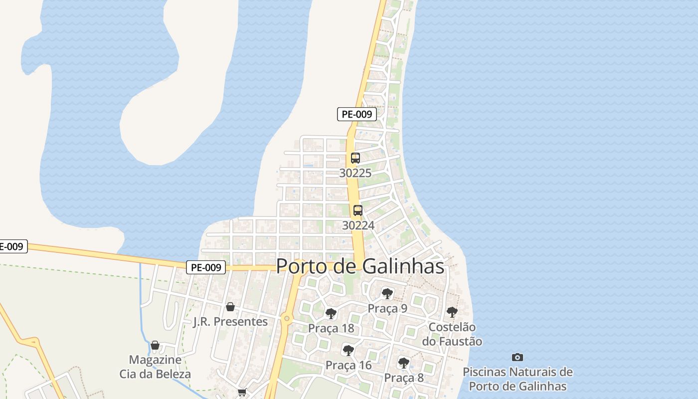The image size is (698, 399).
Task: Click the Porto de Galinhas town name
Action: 360,266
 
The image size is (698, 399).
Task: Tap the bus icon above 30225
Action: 355,158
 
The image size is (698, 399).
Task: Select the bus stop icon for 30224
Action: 357,210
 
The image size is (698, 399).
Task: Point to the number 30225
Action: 355,173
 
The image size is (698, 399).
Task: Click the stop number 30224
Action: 358,225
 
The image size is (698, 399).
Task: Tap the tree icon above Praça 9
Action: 387,294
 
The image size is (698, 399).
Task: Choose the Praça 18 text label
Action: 331,328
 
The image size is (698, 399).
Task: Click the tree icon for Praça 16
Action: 349,351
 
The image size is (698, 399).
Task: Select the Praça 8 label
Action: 404,378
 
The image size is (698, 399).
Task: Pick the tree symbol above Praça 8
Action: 404,363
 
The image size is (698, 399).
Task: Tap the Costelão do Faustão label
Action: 452,334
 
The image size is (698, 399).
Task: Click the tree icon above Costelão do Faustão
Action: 452,313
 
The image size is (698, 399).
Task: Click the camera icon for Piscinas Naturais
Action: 518,357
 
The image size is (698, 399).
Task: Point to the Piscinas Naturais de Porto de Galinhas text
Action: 518,379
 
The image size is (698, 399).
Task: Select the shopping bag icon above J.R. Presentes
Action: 230,307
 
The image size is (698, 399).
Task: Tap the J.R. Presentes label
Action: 230,322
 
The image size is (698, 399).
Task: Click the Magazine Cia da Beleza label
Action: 155,367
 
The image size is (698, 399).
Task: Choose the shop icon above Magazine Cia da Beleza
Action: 155,345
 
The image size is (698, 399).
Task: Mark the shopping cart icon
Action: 242,393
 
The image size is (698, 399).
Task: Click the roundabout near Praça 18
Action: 286,318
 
